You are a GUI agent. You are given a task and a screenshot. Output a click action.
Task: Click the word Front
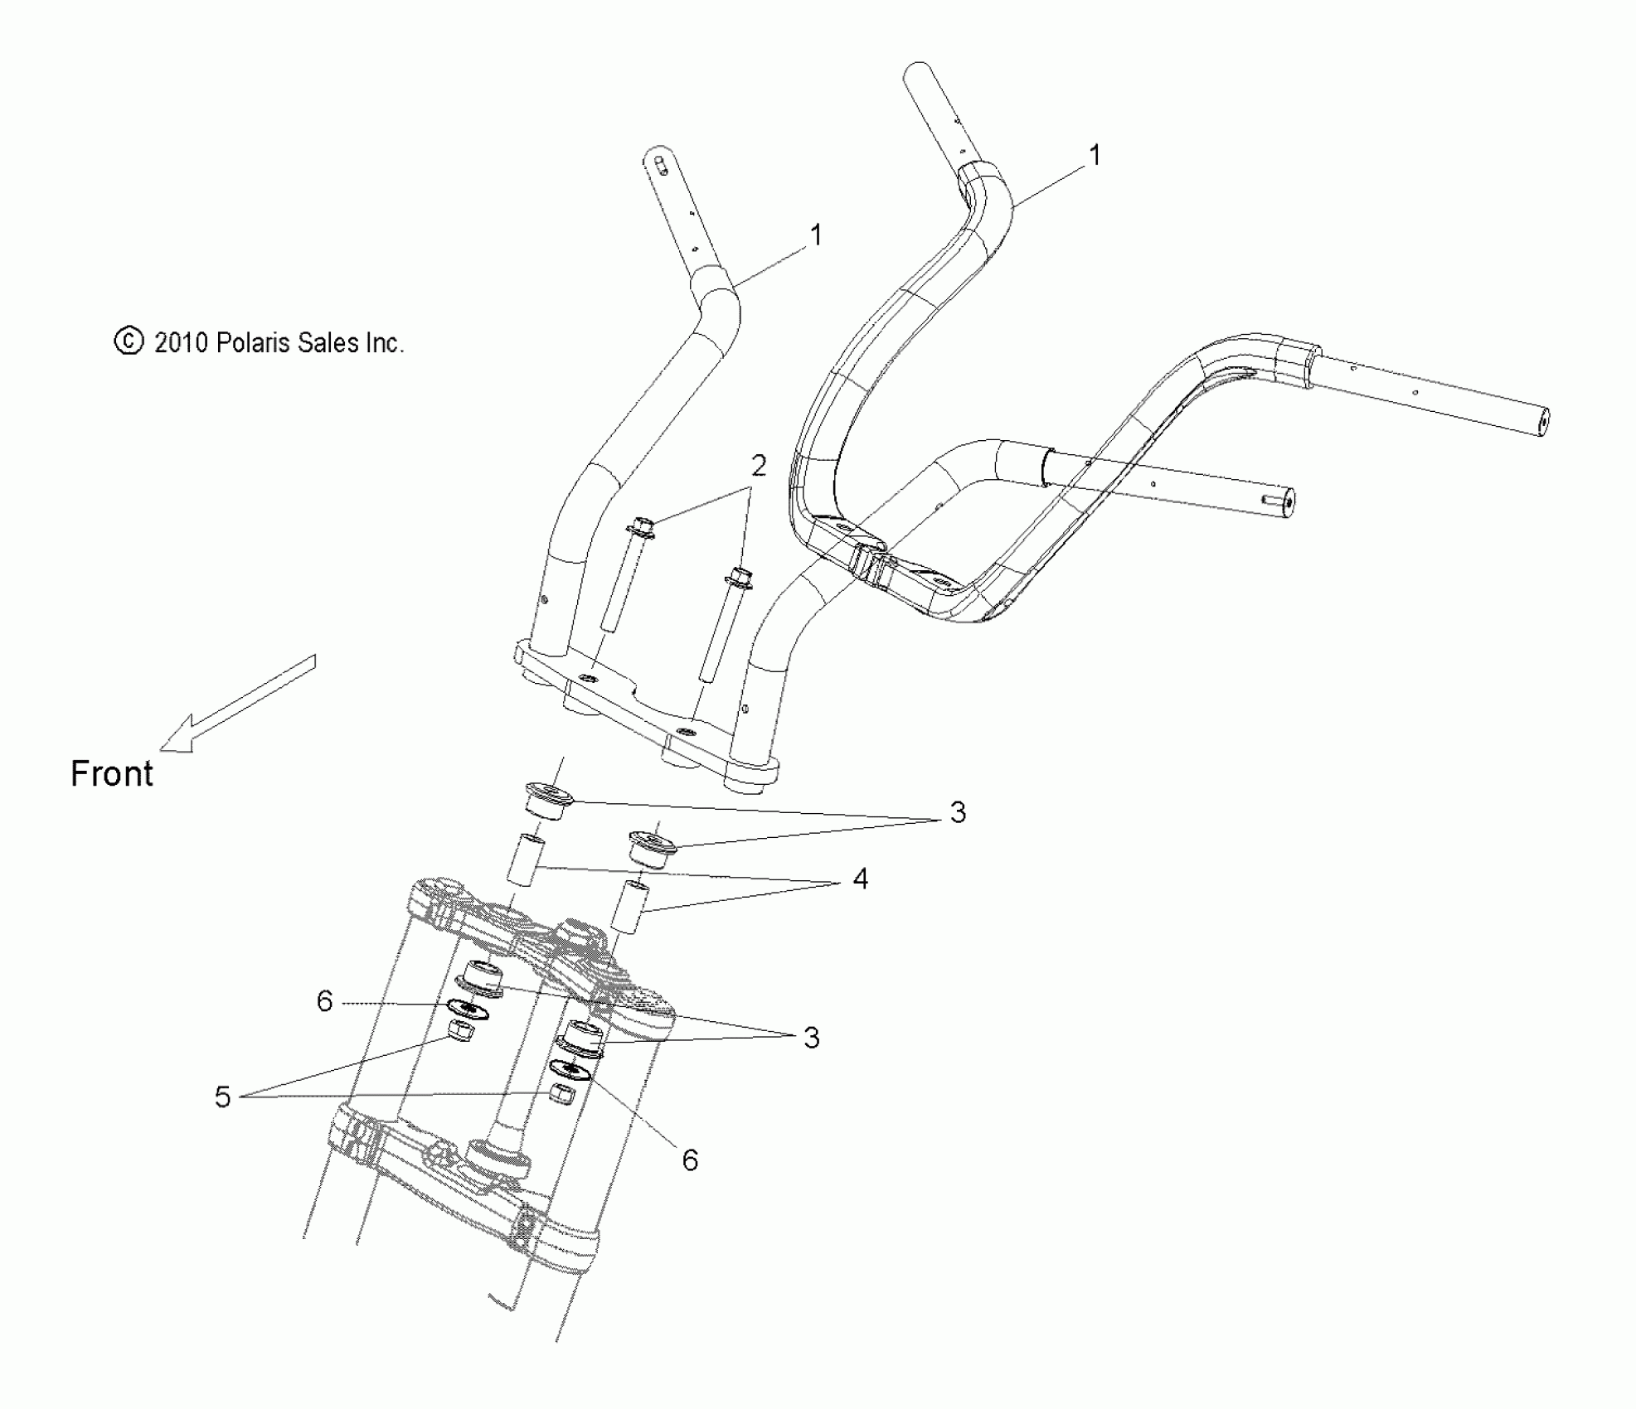pyautogui.click(x=112, y=773)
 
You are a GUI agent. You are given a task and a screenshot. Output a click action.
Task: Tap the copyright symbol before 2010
pyautogui.click(x=129, y=341)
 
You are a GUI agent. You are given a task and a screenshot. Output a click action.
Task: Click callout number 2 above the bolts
pyautogui.click(x=758, y=466)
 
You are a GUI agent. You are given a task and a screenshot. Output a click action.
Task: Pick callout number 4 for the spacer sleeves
pyautogui.click(x=860, y=879)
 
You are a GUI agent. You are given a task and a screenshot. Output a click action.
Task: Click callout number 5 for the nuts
pyautogui.click(x=222, y=1097)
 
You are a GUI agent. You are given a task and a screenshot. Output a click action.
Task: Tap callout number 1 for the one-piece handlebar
pyautogui.click(x=1095, y=155)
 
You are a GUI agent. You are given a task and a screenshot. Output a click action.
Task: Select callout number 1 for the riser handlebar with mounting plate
pyautogui.click(x=816, y=235)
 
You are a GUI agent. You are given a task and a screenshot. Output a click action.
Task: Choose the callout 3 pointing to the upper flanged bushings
pyautogui.click(x=958, y=812)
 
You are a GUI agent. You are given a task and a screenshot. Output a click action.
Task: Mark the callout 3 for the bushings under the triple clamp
pyautogui.click(x=811, y=1037)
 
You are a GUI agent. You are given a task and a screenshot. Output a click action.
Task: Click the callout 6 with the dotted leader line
pyautogui.click(x=324, y=1001)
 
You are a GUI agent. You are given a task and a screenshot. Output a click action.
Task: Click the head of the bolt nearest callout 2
pyautogui.click(x=642, y=526)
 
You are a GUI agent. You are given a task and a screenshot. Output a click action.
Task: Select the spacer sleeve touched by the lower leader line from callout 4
pyautogui.click(x=628, y=909)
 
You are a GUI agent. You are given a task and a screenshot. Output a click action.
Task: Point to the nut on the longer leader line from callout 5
pyautogui.click(x=562, y=1094)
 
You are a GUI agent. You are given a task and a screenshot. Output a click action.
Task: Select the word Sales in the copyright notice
pyautogui.click(x=327, y=342)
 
